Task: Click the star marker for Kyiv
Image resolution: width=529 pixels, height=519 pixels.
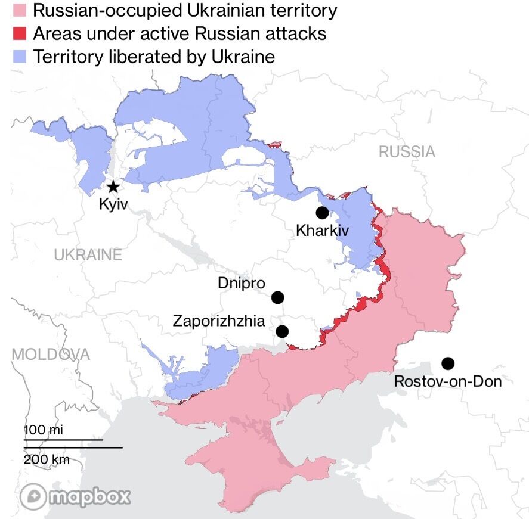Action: pos(112,187)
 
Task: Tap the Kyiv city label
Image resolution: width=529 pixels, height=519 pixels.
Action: pos(113,205)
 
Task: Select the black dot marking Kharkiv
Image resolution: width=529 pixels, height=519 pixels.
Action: pos(322,213)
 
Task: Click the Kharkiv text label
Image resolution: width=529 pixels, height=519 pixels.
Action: pos(322,231)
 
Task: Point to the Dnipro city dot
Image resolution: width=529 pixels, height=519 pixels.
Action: pos(277,297)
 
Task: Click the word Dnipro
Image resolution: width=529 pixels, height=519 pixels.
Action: pos(241,283)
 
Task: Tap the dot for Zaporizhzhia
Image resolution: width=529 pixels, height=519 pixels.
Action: pos(282,331)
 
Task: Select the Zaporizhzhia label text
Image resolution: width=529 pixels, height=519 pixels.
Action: pos(219,321)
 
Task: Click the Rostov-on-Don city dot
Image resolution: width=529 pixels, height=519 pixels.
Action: pos(447,363)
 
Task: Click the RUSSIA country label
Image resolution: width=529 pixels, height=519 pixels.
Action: pos(407,152)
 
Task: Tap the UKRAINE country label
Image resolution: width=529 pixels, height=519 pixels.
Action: pos(88,256)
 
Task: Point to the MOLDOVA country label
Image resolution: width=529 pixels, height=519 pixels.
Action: pos(51,355)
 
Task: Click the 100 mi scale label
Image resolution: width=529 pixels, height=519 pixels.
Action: pos(44,430)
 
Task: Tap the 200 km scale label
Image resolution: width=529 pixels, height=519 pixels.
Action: pos(47,459)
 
